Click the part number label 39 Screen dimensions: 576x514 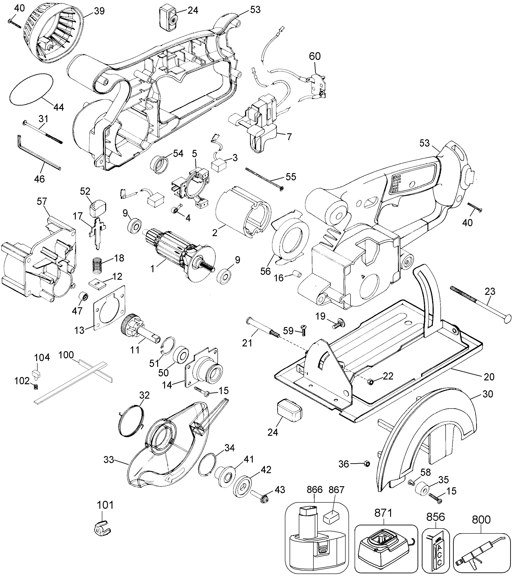[x=99, y=11]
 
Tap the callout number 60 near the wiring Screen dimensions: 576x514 [x=315, y=56]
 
